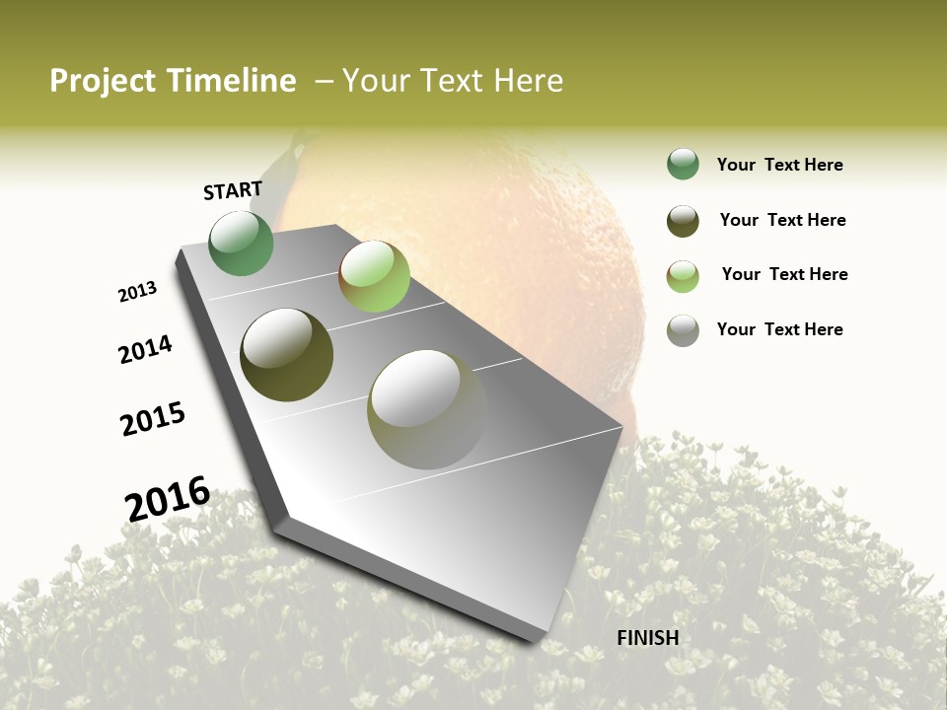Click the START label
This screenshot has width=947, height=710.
pyautogui.click(x=233, y=190)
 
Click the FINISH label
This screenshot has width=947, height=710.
pyautogui.click(x=648, y=638)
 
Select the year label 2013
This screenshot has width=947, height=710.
pyautogui.click(x=137, y=292)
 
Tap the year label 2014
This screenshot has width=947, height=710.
pyautogui.click(x=145, y=350)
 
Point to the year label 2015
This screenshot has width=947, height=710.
pyautogui.click(x=153, y=419)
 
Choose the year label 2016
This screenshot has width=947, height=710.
pyautogui.click(x=168, y=498)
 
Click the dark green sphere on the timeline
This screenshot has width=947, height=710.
pyautogui.click(x=241, y=244)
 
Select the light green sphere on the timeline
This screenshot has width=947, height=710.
pyautogui.click(x=374, y=276)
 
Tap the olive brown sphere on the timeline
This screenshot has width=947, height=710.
pyautogui.click(x=287, y=355)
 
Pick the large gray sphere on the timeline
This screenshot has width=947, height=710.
pyautogui.click(x=427, y=409)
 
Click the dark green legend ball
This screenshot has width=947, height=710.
pyautogui.click(x=683, y=165)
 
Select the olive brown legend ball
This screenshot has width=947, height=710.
pyautogui.click(x=683, y=221)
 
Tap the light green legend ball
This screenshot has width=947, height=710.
pyautogui.click(x=683, y=276)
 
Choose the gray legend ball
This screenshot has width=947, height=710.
pyautogui.click(x=683, y=330)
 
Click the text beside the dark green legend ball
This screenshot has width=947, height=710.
pyautogui.click(x=780, y=166)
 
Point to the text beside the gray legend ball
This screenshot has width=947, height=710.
pyautogui.click(x=780, y=329)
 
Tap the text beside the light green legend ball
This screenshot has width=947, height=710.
pyautogui.click(x=785, y=274)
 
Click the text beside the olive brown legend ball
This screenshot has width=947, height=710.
pyautogui.click(x=783, y=220)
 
